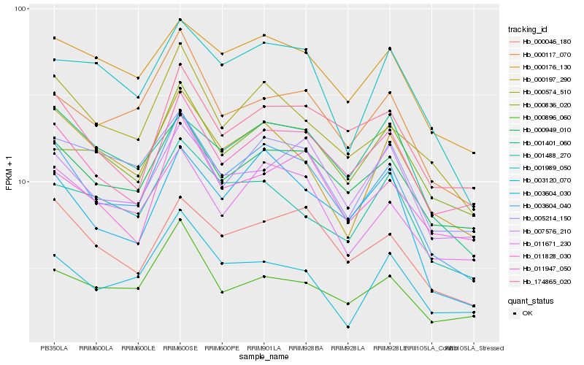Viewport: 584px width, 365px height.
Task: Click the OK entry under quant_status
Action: (532, 312)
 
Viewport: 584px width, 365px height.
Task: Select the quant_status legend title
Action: (532, 300)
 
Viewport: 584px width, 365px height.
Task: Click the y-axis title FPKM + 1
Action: (9, 175)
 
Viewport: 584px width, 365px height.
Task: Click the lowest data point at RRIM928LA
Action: (348, 327)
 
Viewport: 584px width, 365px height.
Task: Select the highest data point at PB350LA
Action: (53, 38)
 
